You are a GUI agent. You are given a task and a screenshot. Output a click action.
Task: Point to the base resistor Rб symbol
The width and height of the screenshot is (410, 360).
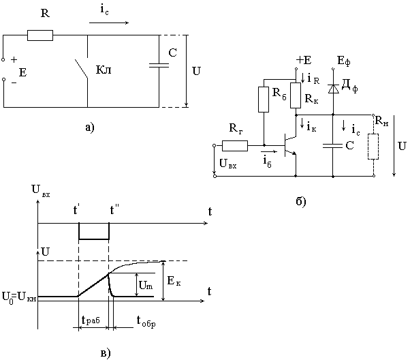[264, 100]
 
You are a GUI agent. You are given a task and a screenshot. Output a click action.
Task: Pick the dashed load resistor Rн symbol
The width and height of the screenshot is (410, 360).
[373, 147]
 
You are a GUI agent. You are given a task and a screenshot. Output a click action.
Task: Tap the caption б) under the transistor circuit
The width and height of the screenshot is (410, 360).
[300, 201]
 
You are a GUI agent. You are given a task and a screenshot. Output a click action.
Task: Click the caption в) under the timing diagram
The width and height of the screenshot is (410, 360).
[105, 352]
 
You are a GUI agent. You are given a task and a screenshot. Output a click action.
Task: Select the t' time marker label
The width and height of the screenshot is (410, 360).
[78, 211]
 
